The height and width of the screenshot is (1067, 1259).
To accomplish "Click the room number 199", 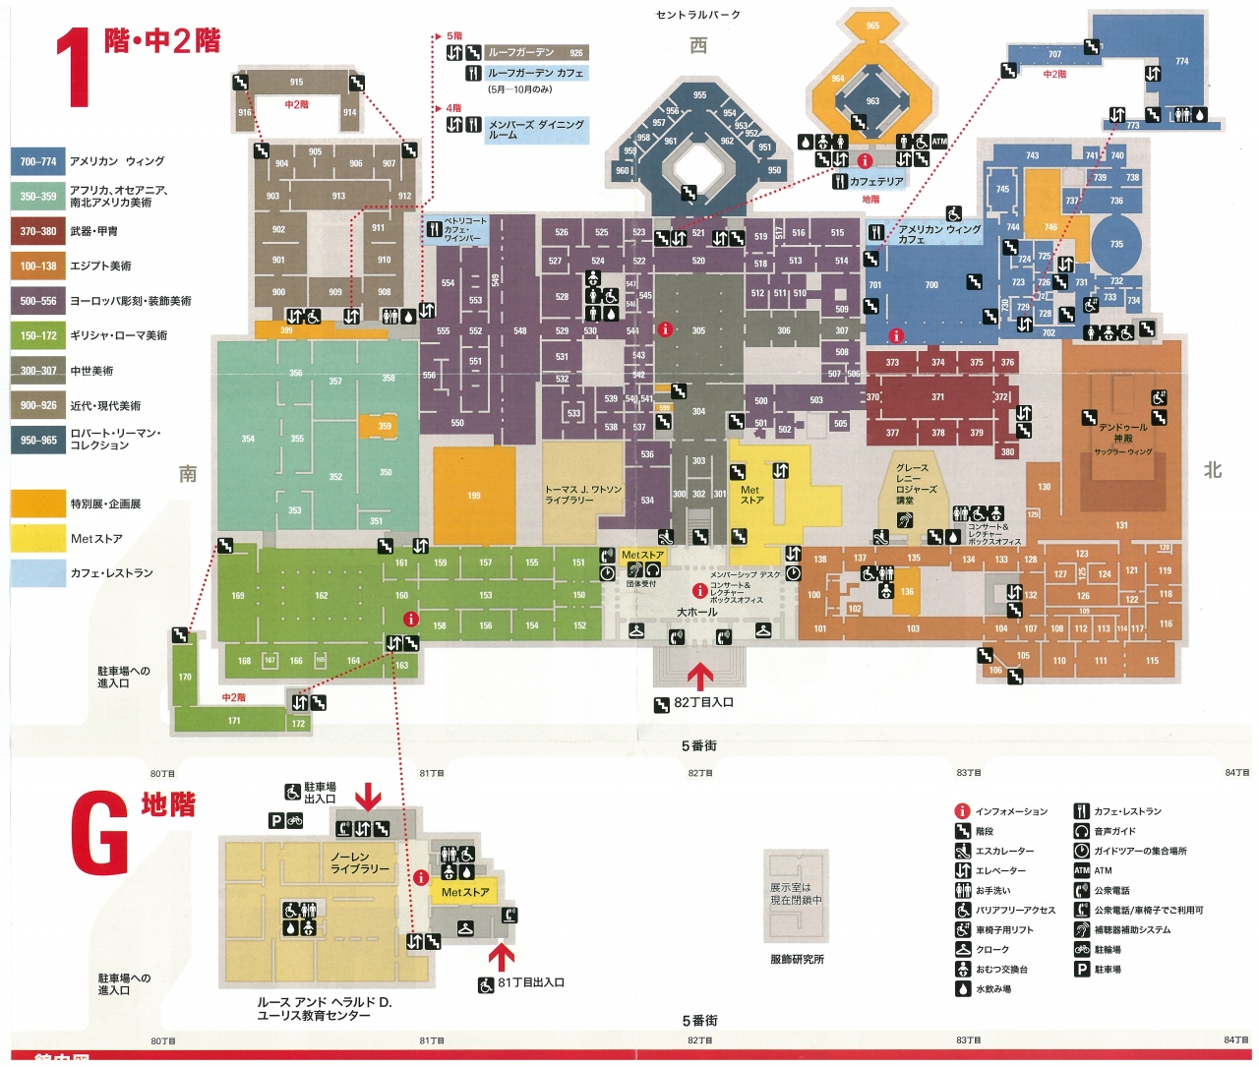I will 474,496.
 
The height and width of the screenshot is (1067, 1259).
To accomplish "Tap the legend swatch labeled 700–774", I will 37,161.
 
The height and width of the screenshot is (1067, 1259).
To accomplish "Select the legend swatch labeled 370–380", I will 37,231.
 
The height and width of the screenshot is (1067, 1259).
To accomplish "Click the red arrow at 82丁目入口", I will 699,676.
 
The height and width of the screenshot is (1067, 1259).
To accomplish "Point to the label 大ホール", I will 697,613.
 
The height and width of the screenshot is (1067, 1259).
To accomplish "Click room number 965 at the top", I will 872,26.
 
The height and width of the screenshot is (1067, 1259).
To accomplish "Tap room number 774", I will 1181,62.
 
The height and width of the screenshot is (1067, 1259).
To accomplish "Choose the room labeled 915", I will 296,83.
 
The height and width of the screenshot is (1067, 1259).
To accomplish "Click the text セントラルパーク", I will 698,15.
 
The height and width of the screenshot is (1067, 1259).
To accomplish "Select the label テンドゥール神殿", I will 1122,433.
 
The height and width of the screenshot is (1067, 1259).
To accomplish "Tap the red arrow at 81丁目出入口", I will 502,957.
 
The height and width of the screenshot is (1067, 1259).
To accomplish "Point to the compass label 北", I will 1213,470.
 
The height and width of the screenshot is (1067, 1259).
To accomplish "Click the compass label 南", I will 188,474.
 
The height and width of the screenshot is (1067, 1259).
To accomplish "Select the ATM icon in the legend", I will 1081,870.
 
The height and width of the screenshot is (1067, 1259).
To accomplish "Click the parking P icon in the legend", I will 1081,969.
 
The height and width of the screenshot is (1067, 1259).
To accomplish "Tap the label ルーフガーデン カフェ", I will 536,73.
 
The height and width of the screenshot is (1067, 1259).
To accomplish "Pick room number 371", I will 937,397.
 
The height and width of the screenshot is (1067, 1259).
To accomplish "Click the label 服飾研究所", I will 797,959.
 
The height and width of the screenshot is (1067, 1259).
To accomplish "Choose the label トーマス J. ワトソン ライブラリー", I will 583,495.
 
